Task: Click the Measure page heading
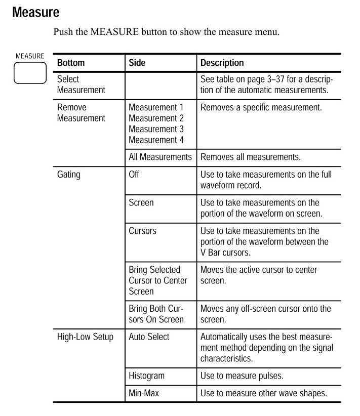point(35,12)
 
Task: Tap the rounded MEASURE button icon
point(30,74)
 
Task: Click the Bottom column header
point(71,63)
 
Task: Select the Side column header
point(137,63)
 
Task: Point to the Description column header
point(222,63)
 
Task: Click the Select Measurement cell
point(81,85)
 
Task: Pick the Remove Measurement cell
point(81,112)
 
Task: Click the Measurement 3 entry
point(156,129)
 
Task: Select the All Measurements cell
point(160,157)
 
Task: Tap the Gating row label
point(68,175)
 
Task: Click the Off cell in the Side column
point(134,175)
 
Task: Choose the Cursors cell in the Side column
point(142,231)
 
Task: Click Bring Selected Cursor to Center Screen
point(157,280)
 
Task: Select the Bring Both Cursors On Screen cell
point(156,314)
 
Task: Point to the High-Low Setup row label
point(85,337)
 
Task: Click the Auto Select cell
point(149,337)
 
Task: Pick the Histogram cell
point(146,376)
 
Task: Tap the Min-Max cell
point(144,393)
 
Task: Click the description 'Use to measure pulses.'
point(242,376)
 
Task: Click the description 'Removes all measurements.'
point(250,157)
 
